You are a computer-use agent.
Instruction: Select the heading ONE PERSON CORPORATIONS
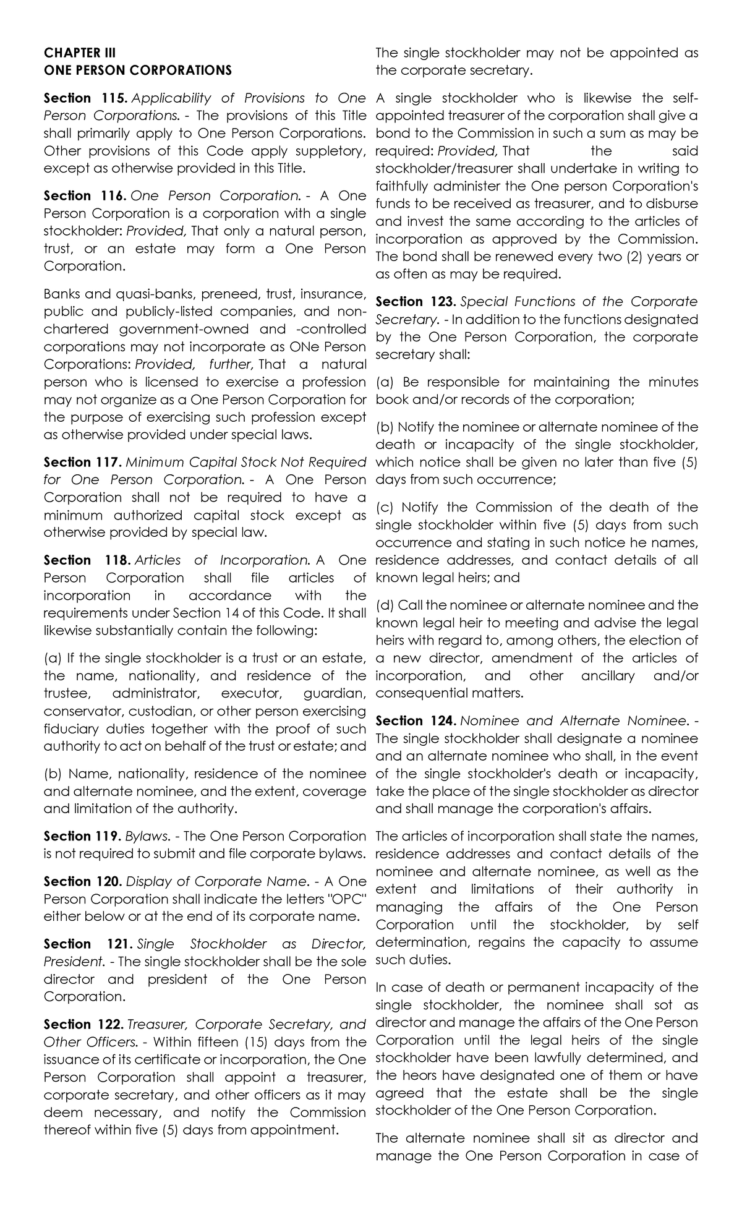coord(137,70)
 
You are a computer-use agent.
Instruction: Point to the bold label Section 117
coord(82,462)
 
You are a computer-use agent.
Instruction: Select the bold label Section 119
coord(82,836)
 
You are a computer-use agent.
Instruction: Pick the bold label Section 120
coord(82,881)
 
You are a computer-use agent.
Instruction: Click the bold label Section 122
coord(82,1024)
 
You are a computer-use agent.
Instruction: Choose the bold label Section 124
coord(416,720)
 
